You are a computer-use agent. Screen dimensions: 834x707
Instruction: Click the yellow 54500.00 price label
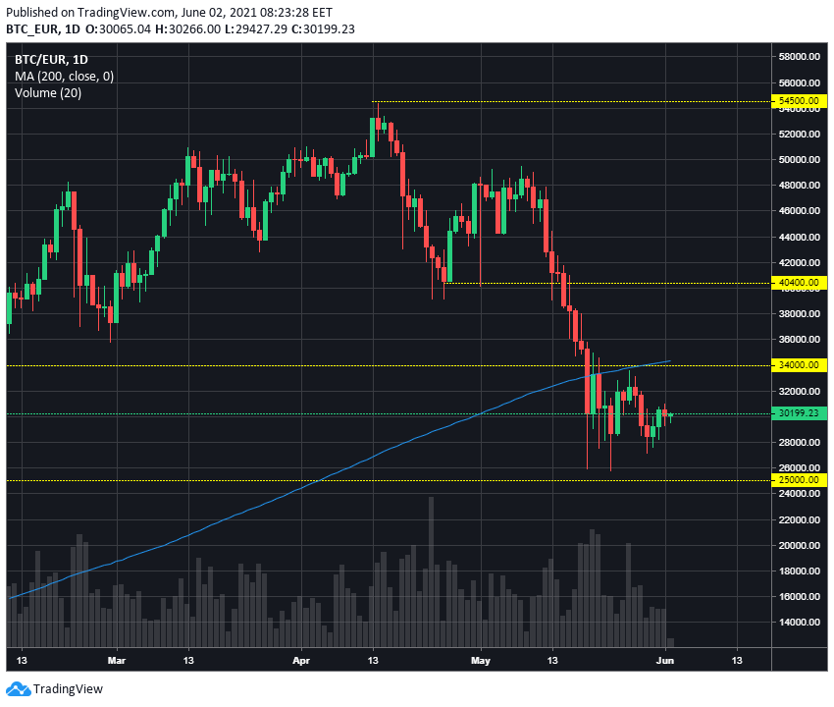pyautogui.click(x=799, y=100)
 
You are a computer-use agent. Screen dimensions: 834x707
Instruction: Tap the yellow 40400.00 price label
pyautogui.click(x=799, y=283)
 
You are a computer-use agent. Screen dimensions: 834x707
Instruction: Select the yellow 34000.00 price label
pyautogui.click(x=799, y=365)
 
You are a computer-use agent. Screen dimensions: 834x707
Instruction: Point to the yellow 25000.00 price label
pyautogui.click(x=799, y=480)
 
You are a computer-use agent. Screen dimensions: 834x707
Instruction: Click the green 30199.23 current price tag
pyautogui.click(x=799, y=413)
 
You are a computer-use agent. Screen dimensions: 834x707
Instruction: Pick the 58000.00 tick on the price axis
pyautogui.click(x=799, y=56)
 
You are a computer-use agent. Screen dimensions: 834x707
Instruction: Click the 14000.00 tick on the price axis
pyautogui.click(x=799, y=622)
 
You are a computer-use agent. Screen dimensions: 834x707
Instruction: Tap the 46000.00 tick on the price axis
pyautogui.click(x=799, y=211)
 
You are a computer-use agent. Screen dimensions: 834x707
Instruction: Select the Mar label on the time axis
pyautogui.click(x=117, y=661)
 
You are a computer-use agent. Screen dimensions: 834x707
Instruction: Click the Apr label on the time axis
pyautogui.click(x=301, y=661)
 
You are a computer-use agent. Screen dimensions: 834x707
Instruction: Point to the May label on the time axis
pyautogui.click(x=481, y=661)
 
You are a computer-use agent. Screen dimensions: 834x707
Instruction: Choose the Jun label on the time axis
pyautogui.click(x=665, y=661)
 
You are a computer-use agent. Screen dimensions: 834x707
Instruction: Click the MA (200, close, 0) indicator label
pyautogui.click(x=65, y=77)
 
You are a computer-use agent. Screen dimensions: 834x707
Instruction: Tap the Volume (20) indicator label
pyautogui.click(x=48, y=93)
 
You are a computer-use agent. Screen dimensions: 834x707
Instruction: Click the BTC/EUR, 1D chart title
pyautogui.click(x=51, y=59)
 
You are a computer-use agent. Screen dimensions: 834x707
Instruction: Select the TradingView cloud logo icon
pyautogui.click(x=18, y=689)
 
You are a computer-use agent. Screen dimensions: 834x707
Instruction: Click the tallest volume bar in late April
pyautogui.click(x=431, y=572)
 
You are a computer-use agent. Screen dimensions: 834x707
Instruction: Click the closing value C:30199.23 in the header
pyautogui.click(x=324, y=28)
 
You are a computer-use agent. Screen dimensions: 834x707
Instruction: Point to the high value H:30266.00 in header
pyautogui.click(x=187, y=28)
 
